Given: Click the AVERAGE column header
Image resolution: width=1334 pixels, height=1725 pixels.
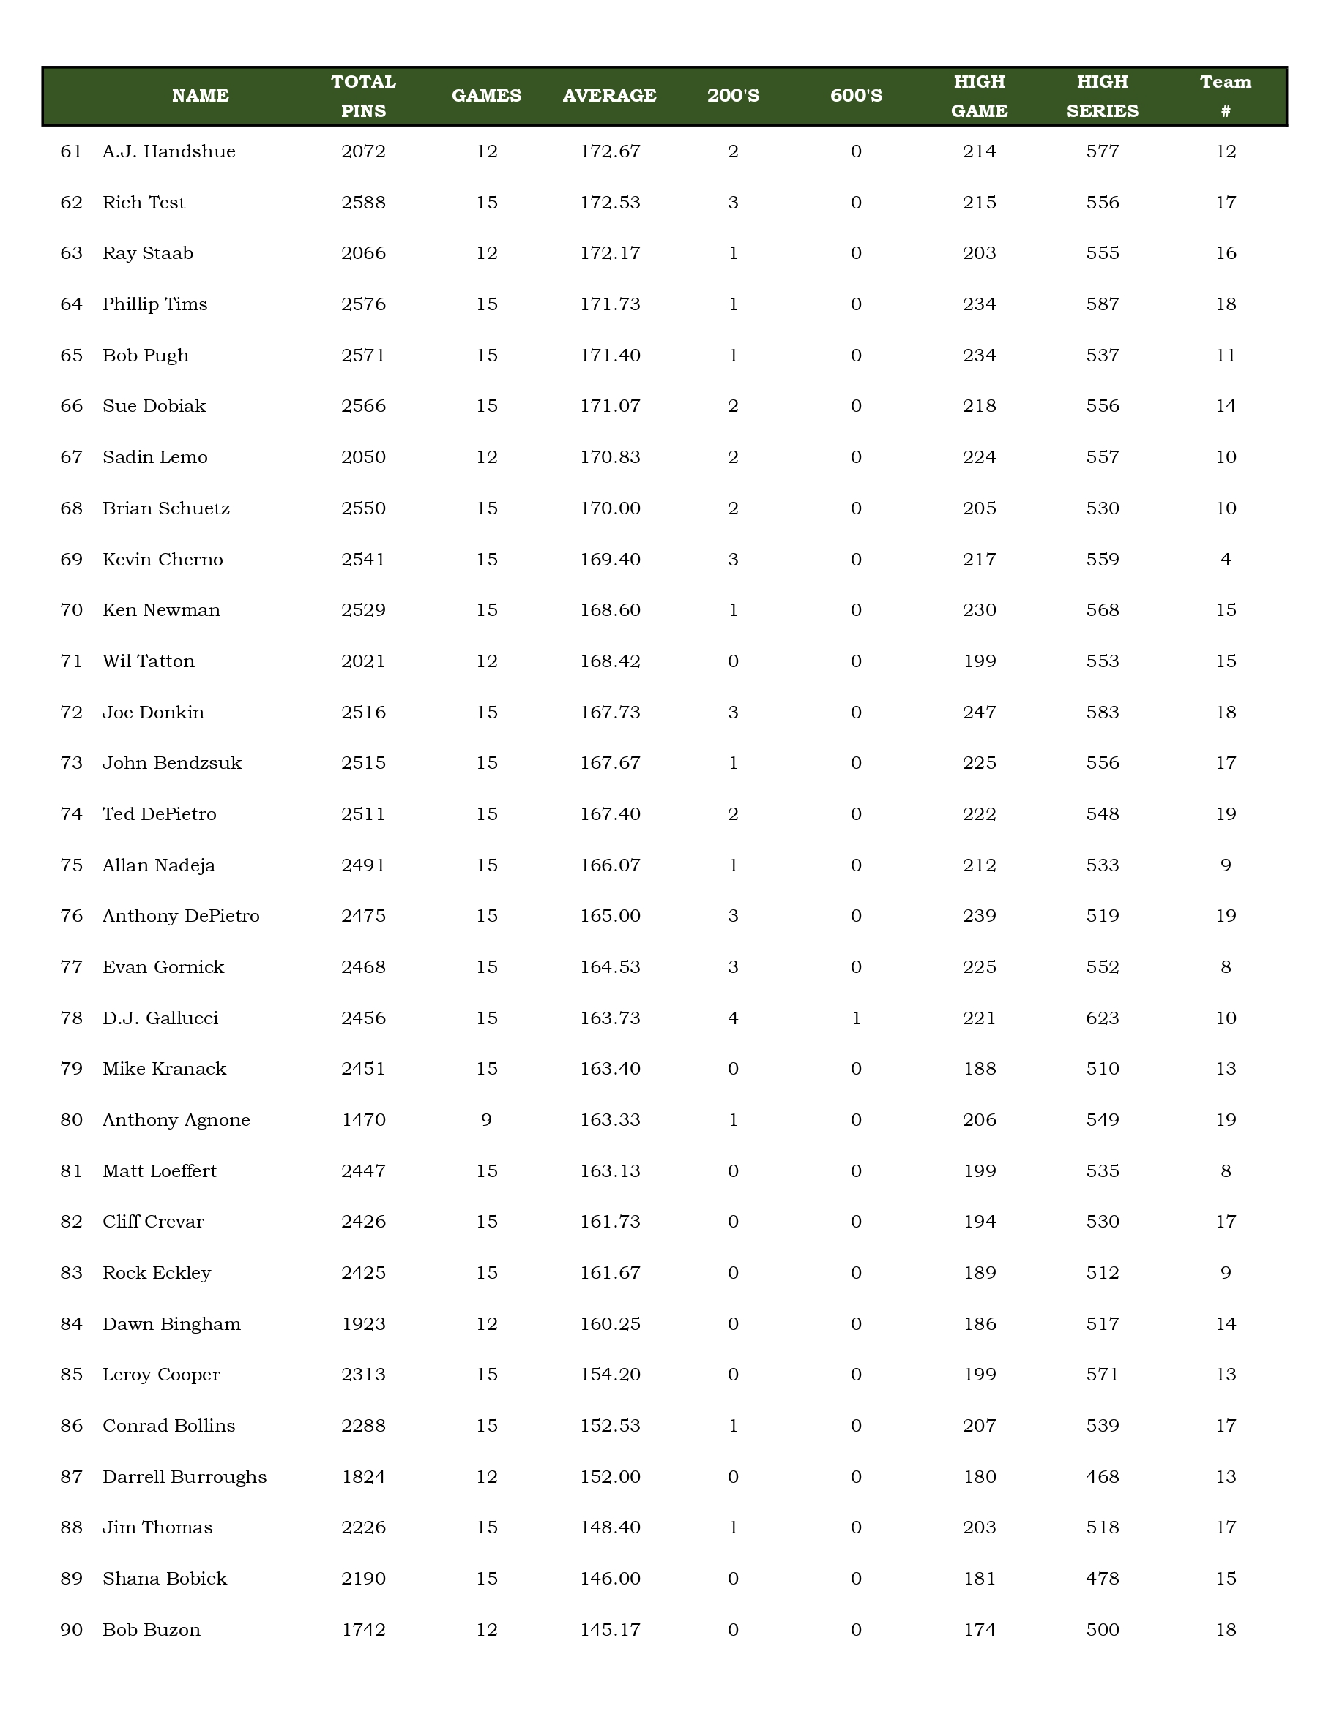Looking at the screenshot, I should coord(609,96).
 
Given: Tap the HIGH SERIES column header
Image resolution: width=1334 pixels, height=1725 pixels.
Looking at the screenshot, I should coord(1103,96).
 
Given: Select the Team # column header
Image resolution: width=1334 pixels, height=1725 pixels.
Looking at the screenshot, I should coord(1225,96).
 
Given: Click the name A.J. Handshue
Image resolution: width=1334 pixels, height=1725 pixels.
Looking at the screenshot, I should coord(169,151).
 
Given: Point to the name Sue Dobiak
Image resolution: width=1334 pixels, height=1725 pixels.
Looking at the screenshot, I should coord(154,406).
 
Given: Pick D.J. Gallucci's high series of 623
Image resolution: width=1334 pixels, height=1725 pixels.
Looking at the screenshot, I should coord(1103,1018).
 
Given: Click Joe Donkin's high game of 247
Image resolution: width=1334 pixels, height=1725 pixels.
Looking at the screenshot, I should coord(979,713).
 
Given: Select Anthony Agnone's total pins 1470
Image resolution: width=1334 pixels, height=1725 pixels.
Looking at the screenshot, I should coord(364,1120).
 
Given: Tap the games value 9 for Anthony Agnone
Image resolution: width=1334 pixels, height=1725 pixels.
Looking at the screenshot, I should coord(486,1120).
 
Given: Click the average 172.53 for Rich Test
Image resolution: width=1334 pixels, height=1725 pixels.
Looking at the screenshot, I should coord(609,202).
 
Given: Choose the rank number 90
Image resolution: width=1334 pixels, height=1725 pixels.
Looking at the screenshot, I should coord(71,1629).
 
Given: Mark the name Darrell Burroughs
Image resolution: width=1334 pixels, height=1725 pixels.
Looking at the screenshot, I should coord(184,1477).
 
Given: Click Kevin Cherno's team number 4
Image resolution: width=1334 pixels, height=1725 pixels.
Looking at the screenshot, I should coord(1225,559).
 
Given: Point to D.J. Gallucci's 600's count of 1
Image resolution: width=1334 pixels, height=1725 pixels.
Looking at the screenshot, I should coord(856,1018).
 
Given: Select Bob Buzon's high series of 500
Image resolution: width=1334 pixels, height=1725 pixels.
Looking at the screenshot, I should coord(1103,1629).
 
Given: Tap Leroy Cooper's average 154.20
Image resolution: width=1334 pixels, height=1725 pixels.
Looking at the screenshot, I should coord(609,1375).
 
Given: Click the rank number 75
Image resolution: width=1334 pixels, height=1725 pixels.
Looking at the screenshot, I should coord(71,865).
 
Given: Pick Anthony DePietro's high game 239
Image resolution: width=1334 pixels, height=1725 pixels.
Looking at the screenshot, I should coord(979,916).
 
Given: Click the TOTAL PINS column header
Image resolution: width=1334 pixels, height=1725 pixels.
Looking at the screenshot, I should coord(364,96).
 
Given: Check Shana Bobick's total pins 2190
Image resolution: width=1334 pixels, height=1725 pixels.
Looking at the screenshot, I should coord(364,1578).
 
